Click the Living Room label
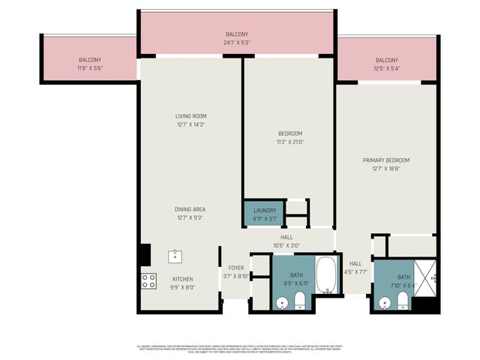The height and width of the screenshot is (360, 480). click(190, 116)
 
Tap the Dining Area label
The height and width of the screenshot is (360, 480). click(190, 209)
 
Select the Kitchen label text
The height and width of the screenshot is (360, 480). click(182, 279)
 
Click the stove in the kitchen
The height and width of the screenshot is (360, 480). click(149, 281)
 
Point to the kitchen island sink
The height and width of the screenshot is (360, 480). click(175, 256)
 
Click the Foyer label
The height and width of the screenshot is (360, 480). click(236, 268)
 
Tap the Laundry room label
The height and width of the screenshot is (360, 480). click(265, 211)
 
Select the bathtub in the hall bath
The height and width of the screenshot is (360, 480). click(327, 274)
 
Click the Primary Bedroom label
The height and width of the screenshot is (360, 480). click(386, 160)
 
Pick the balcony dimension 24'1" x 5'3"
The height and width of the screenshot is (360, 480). click(237, 43)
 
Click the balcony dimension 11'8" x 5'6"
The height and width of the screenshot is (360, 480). click(90, 68)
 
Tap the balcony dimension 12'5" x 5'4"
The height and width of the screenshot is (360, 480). click(386, 68)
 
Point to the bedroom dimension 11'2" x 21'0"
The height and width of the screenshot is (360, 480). click(289, 142)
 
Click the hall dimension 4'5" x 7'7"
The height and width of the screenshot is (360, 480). click(355, 271)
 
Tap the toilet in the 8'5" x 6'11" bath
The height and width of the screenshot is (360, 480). click(299, 301)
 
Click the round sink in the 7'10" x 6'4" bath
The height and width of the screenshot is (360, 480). click(385, 303)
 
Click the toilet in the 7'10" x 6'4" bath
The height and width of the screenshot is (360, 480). click(403, 301)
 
